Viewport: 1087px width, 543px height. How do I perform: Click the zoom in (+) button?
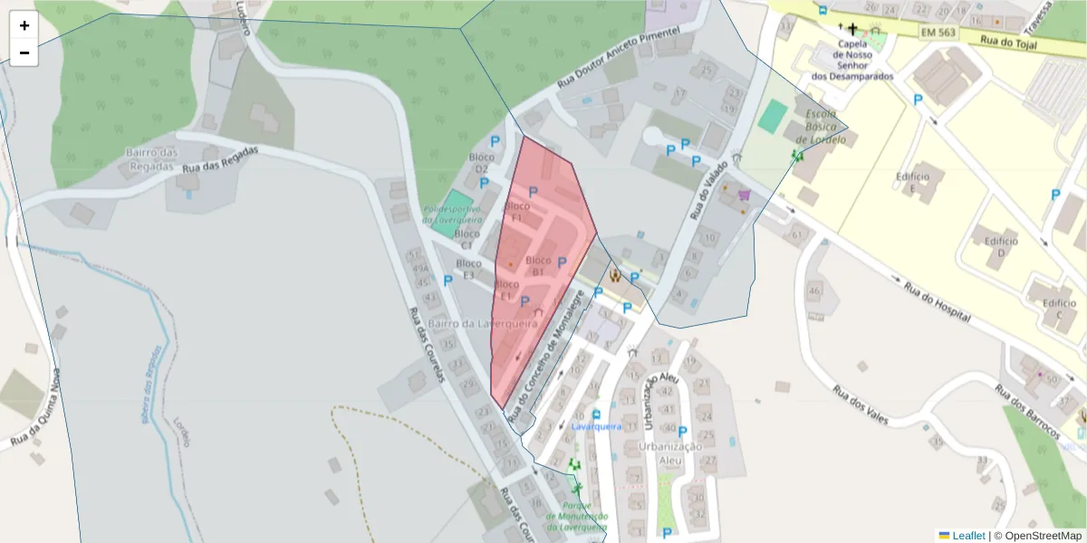(x=24, y=25)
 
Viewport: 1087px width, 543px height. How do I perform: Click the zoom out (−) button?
(x=24, y=52)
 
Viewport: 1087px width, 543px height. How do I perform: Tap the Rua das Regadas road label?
(x=220, y=159)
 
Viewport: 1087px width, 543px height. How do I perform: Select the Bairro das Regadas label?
(x=150, y=159)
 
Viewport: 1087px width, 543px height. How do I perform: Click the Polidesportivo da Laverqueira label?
(x=451, y=214)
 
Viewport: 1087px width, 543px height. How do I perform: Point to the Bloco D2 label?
(x=480, y=163)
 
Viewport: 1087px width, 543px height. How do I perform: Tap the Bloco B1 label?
(x=537, y=266)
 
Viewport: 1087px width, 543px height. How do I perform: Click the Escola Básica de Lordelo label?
(x=821, y=126)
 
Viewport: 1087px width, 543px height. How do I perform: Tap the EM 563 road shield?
(x=938, y=33)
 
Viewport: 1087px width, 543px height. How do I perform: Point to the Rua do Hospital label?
(x=937, y=302)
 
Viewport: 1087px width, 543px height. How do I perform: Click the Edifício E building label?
(x=914, y=182)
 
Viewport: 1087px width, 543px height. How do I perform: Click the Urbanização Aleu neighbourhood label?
(x=670, y=453)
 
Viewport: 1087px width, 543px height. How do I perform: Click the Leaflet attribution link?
(x=967, y=536)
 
